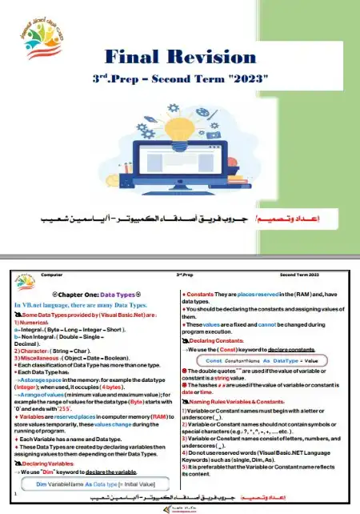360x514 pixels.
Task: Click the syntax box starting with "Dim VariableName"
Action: pos(94,484)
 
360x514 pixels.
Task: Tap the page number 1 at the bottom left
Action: pos(15,495)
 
